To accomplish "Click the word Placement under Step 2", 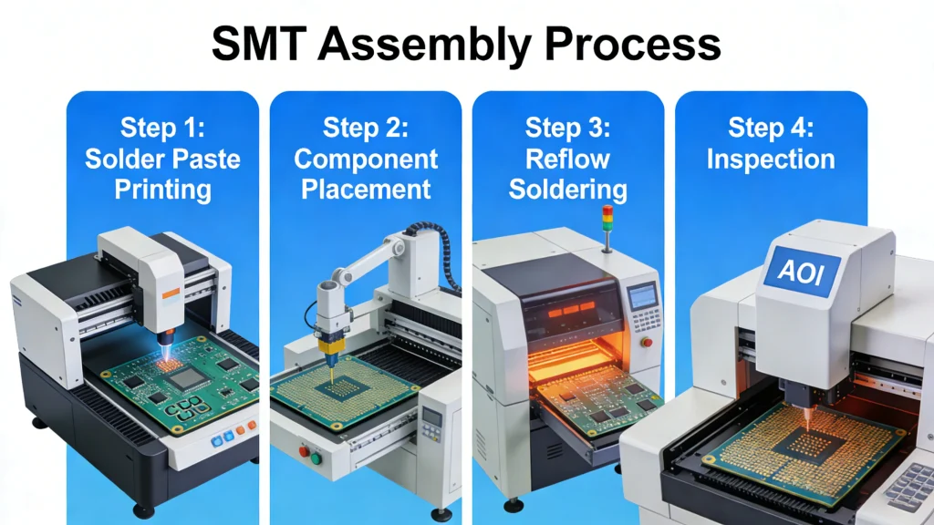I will (x=366, y=189).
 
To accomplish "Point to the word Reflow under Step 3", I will (x=567, y=159).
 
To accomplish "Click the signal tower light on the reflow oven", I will (x=607, y=221).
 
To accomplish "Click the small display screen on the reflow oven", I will (x=644, y=294).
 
